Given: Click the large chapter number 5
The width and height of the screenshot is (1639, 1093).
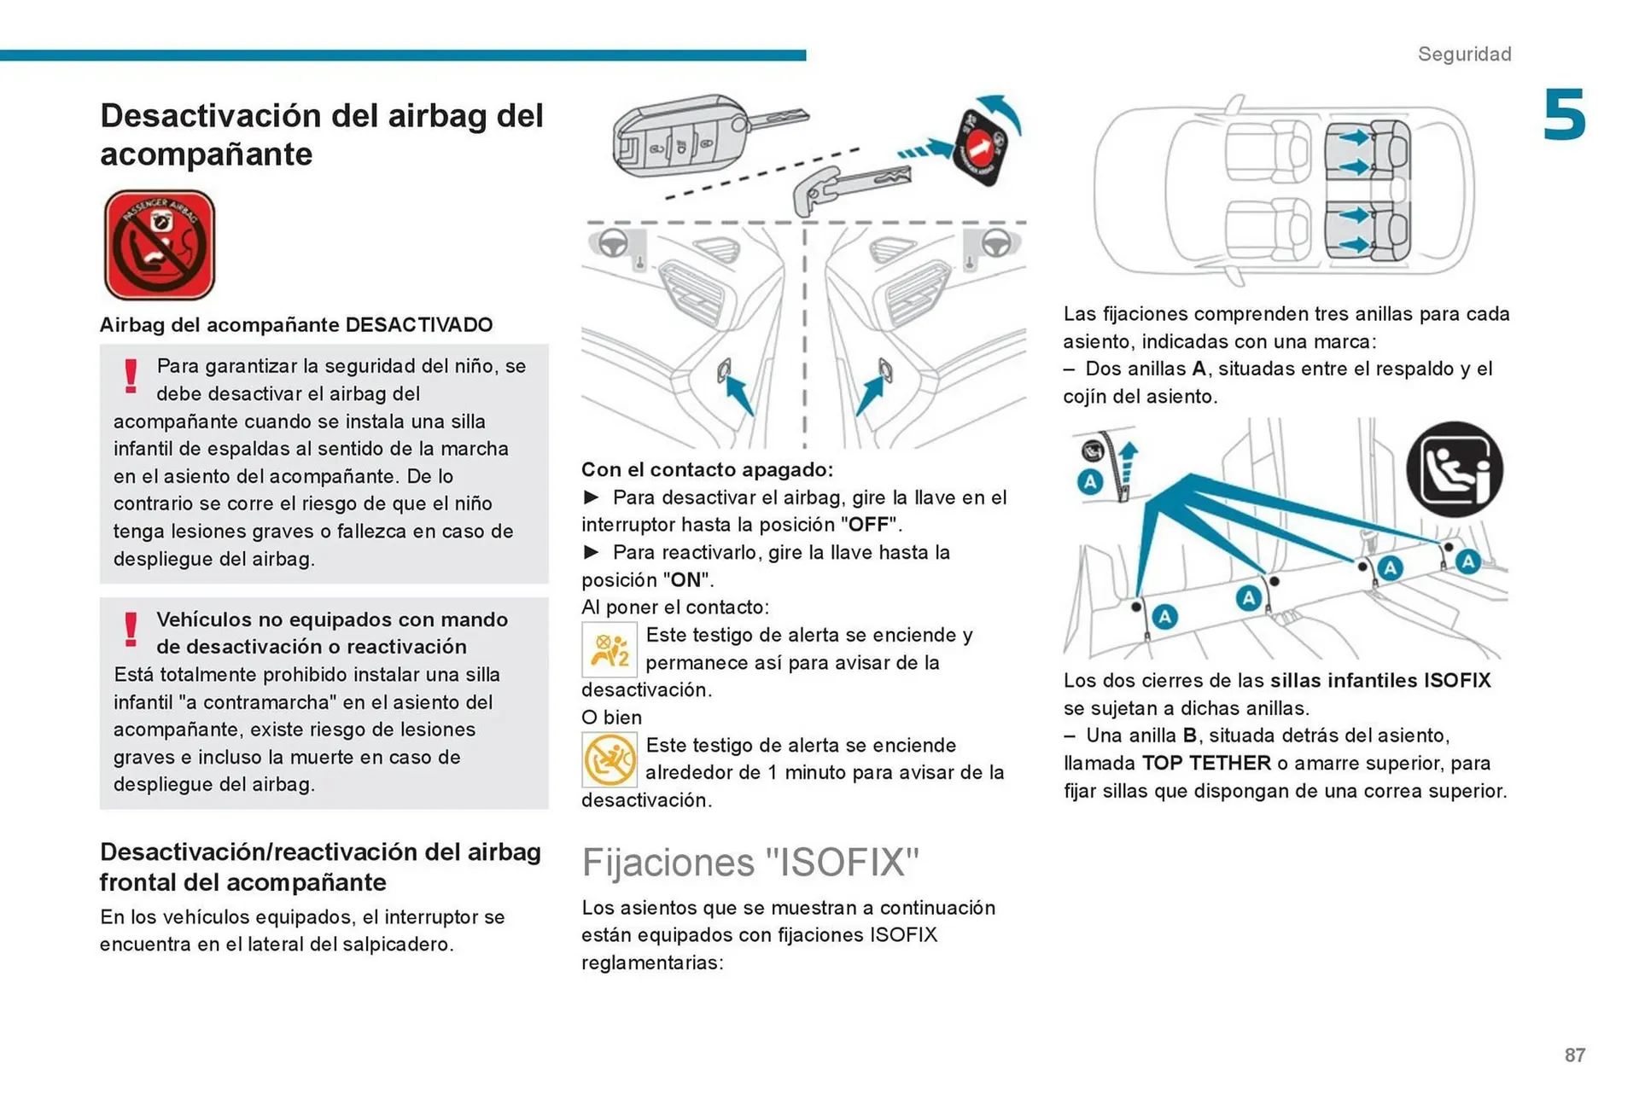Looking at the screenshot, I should click(1564, 115).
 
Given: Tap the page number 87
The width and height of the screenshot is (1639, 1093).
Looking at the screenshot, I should click(1574, 1055).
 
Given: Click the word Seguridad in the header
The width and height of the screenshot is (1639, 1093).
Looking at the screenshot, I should click(1464, 54).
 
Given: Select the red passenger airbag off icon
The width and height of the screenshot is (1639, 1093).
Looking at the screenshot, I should click(160, 246).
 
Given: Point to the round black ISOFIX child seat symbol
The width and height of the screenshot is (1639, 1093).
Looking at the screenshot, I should click(1454, 469).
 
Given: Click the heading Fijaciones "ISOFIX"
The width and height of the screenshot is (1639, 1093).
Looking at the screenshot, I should click(750, 862).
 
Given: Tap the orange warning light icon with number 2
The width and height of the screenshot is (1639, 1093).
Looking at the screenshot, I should click(610, 650).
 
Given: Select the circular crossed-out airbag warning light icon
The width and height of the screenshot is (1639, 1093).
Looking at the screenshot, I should click(610, 759).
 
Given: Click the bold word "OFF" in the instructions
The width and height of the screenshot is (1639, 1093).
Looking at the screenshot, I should click(870, 525).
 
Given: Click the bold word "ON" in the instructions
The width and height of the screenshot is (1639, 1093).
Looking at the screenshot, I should click(685, 580).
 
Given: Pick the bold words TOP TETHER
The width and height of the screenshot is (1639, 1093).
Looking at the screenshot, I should click(1206, 764).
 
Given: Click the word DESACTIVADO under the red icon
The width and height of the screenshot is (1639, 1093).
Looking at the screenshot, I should click(419, 325).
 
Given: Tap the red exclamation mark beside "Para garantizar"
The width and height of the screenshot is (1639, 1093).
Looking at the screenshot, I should click(131, 376).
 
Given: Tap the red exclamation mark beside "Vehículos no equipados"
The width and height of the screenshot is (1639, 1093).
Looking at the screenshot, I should click(131, 630).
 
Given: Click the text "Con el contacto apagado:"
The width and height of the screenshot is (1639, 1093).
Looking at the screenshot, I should click(707, 470).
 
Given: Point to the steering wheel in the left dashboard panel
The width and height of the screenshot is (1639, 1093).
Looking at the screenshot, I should click(611, 244).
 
